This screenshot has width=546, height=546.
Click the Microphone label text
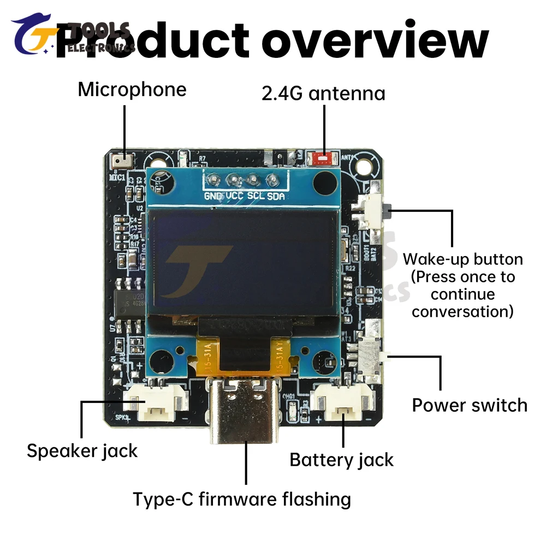pos(132,89)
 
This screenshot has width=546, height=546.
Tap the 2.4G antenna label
pos(323,93)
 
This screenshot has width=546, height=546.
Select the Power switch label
pos(470,405)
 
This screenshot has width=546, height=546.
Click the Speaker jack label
pos(82,451)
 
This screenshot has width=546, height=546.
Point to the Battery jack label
pos(341,460)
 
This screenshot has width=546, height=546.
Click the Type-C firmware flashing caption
pos(242,498)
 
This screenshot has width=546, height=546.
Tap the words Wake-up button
pos(462,259)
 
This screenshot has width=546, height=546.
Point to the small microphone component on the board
pos(120,162)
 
